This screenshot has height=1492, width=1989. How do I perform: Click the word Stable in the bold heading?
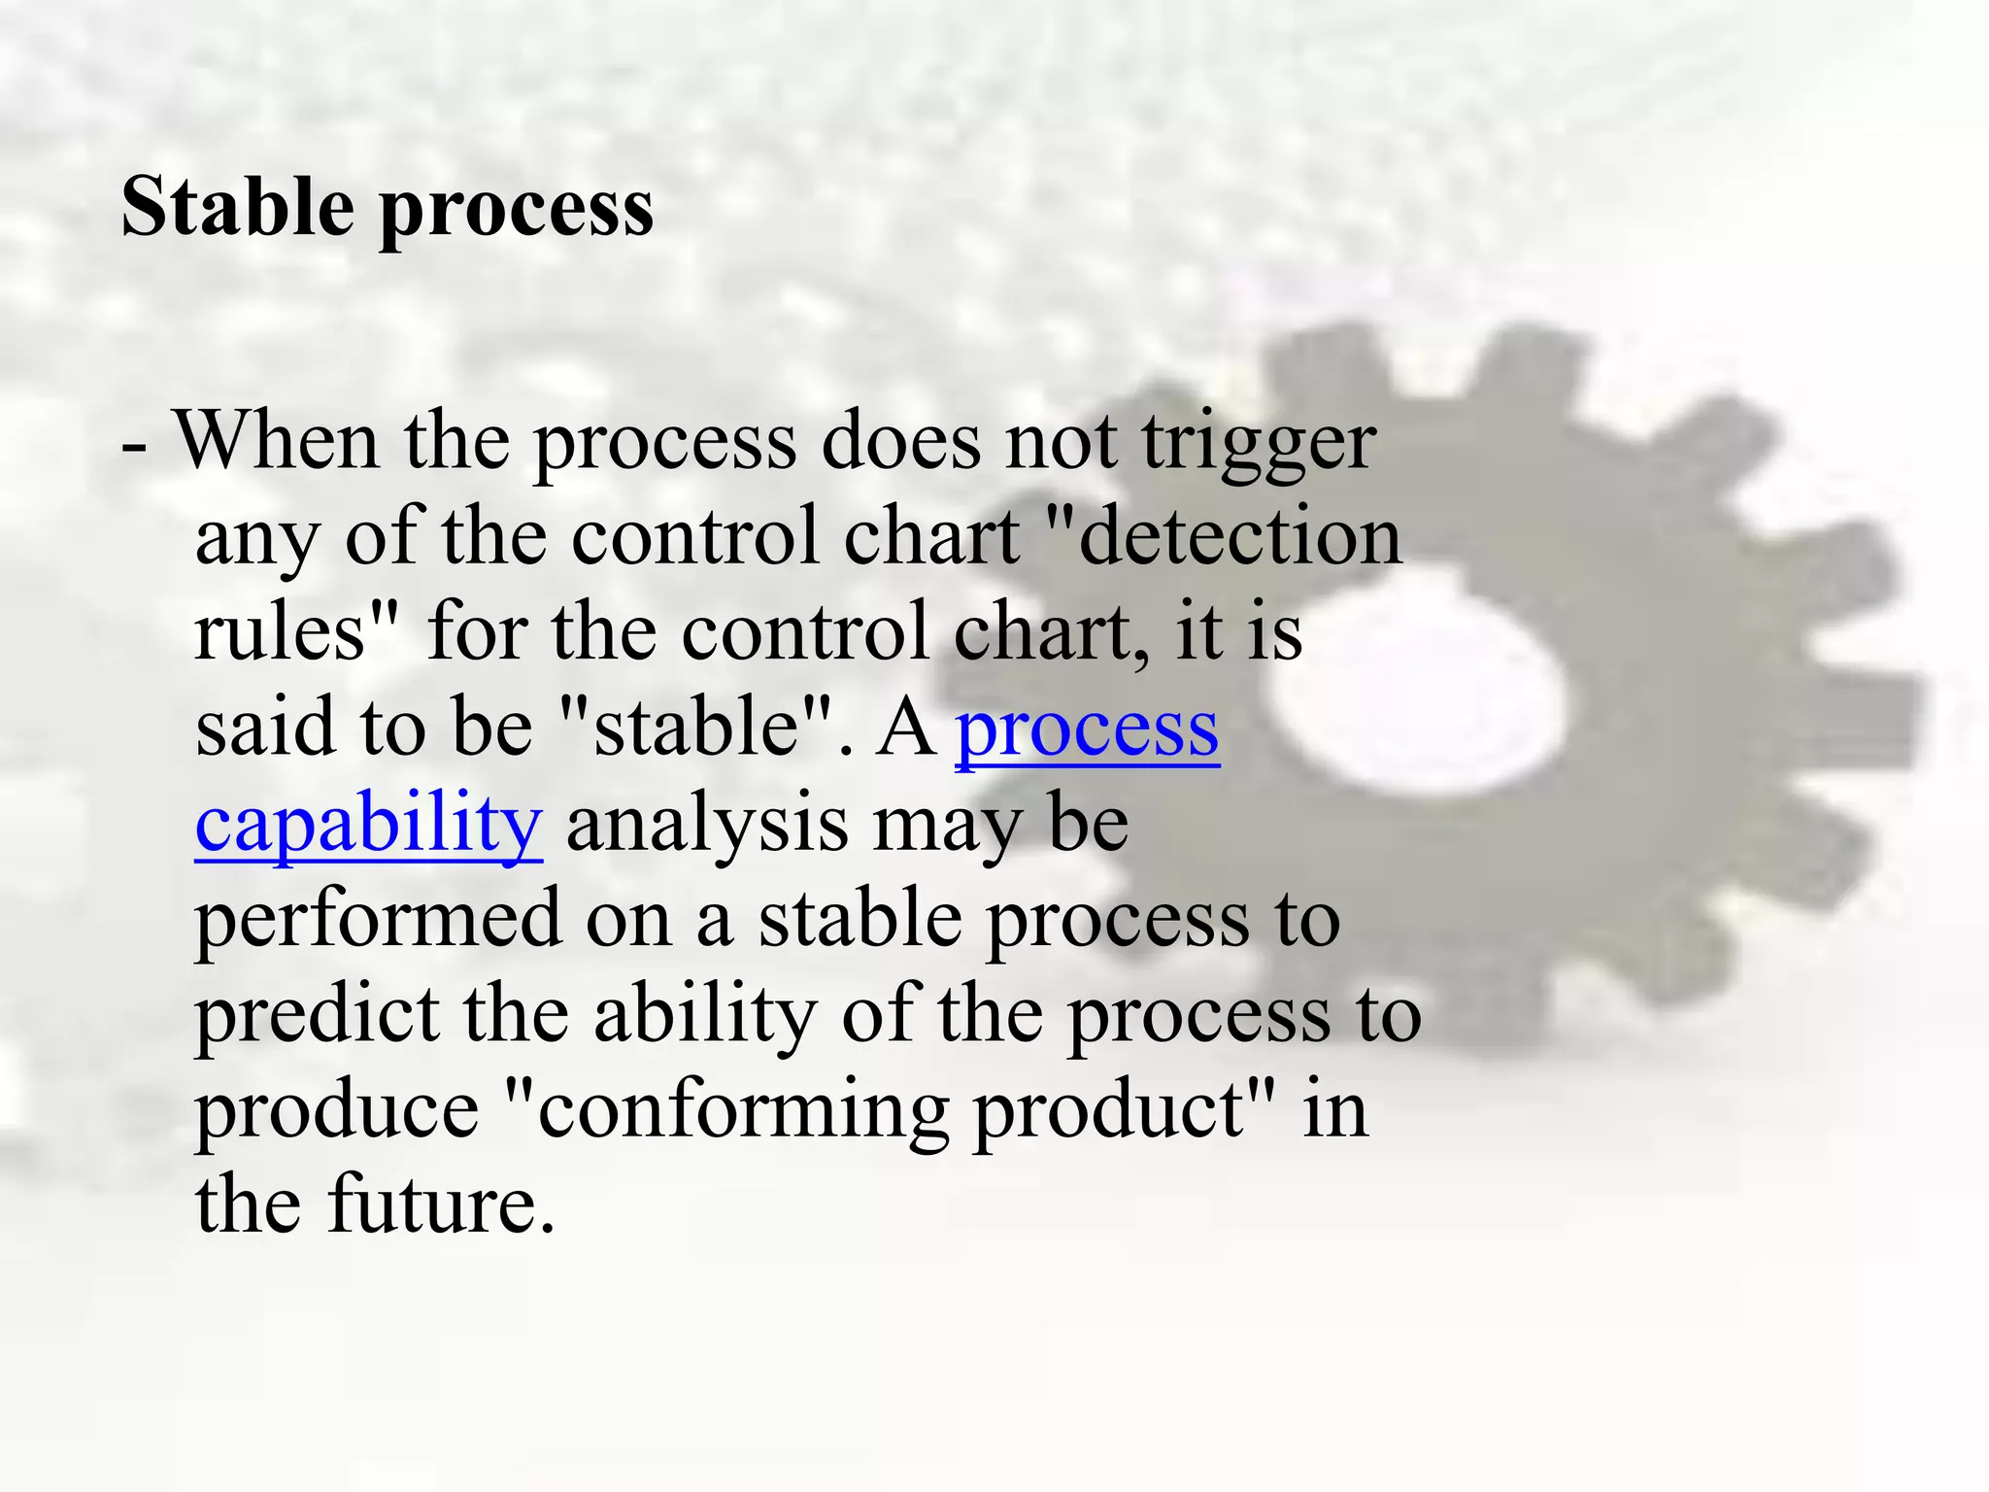(237, 207)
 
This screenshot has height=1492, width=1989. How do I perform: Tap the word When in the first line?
(276, 441)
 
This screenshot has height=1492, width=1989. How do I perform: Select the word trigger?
(1259, 445)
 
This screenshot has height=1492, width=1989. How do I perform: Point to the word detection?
(1238, 536)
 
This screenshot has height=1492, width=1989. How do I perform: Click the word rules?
(282, 631)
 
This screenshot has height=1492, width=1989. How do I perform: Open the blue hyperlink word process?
(1088, 729)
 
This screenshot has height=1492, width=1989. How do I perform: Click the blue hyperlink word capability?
(368, 824)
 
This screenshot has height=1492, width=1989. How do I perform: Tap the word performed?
(378, 919)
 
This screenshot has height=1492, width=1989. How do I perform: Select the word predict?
(317, 1014)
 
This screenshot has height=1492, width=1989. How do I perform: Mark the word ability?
(705, 1014)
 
